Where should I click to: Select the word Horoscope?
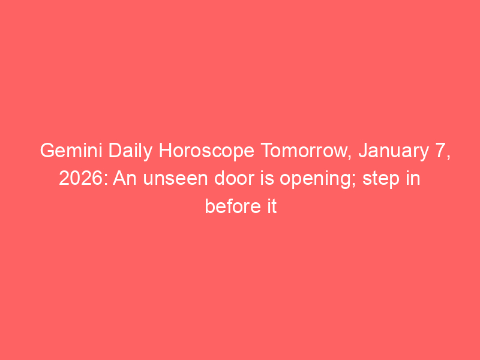(206, 152)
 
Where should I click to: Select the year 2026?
(81, 178)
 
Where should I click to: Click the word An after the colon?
(125, 178)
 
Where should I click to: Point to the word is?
(267, 178)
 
